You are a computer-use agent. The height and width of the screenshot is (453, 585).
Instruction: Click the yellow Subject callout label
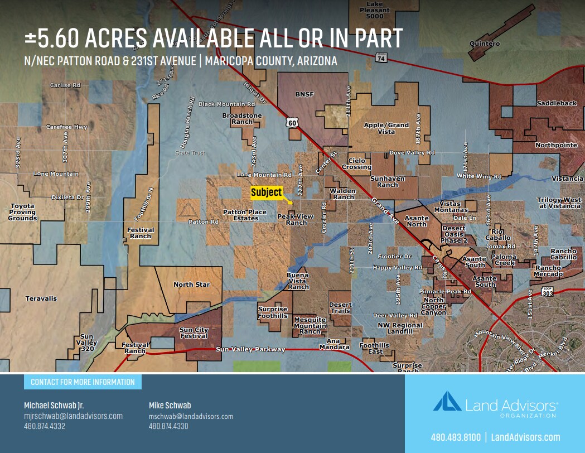coord(266,192)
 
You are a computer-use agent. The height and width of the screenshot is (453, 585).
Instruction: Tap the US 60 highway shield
coord(293,122)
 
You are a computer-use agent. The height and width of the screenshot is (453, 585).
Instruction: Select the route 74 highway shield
coord(381,57)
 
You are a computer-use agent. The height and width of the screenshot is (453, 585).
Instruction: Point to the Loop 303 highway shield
coord(547,292)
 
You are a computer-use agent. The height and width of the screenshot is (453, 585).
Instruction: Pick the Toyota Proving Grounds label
coord(22,212)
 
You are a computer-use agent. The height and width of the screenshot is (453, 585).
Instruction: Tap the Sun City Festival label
coord(194,332)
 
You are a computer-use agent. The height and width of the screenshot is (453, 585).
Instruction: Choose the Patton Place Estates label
coord(245,215)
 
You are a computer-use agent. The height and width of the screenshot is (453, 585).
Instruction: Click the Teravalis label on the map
coord(41,298)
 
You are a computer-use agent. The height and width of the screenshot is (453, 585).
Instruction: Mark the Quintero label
coord(485,44)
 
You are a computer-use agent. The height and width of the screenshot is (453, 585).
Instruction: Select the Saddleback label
coord(549,103)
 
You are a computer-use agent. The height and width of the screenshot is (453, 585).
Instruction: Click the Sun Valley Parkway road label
coord(250,349)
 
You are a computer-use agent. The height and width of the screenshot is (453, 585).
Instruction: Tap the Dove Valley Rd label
coord(412,152)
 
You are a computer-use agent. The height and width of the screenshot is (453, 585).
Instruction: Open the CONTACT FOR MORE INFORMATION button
coord(83,382)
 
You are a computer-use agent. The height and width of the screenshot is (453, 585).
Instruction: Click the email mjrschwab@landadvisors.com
coord(73,416)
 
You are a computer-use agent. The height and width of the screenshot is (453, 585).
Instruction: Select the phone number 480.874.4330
coord(168,426)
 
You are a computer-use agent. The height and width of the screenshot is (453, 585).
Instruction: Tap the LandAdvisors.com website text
coord(525,437)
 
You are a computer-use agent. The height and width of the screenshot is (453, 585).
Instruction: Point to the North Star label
coord(191,285)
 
